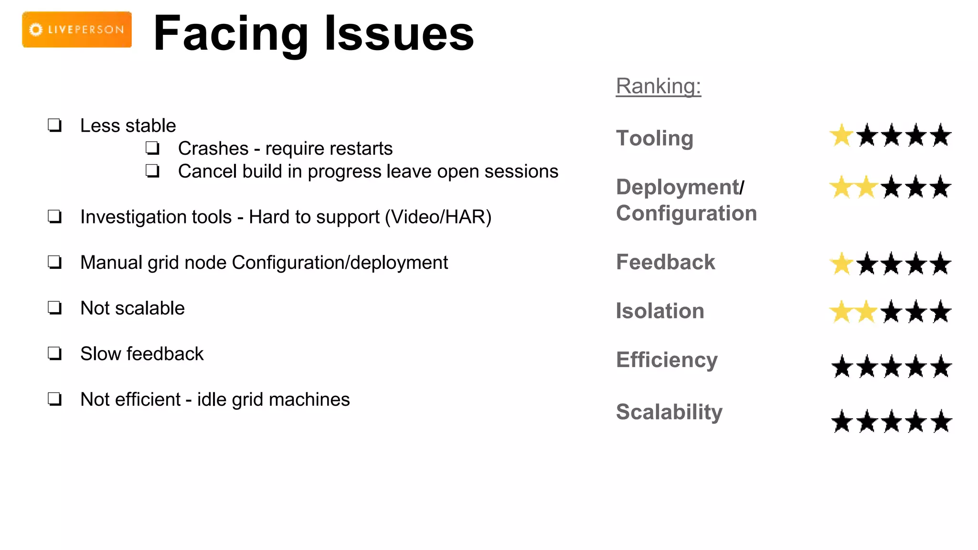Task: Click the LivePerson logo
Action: [x=77, y=30]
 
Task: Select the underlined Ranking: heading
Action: [x=658, y=86]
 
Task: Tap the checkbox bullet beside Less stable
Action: [x=55, y=126]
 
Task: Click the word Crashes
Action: [x=213, y=148]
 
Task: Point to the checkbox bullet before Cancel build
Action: [x=152, y=171]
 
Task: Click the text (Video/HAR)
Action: [x=438, y=217]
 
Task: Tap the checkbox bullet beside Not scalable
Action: [x=55, y=308]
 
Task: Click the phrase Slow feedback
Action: [x=142, y=354]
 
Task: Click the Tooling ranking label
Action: [x=654, y=138]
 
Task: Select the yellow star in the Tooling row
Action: [x=841, y=136]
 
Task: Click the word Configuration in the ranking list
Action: [x=686, y=213]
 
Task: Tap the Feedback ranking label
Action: [x=665, y=262]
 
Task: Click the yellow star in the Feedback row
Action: [x=841, y=264]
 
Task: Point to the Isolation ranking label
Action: [x=660, y=311]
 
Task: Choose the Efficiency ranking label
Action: [x=667, y=360]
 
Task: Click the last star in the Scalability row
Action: [x=941, y=422]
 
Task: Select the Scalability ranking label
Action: [x=669, y=412]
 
